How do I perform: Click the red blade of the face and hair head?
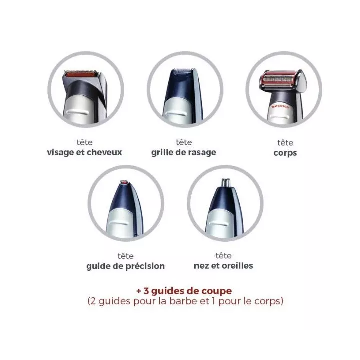(x=80, y=74)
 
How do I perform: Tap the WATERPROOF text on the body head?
(x=281, y=107)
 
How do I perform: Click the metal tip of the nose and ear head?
(x=225, y=183)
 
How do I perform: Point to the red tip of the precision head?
(x=124, y=183)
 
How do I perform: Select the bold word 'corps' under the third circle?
(x=285, y=153)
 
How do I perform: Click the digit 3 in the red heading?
(x=146, y=291)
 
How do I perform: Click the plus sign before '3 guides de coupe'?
(x=139, y=291)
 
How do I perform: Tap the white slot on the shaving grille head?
(x=176, y=114)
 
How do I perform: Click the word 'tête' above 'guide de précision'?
(x=126, y=256)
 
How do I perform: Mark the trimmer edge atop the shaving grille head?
(x=183, y=69)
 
